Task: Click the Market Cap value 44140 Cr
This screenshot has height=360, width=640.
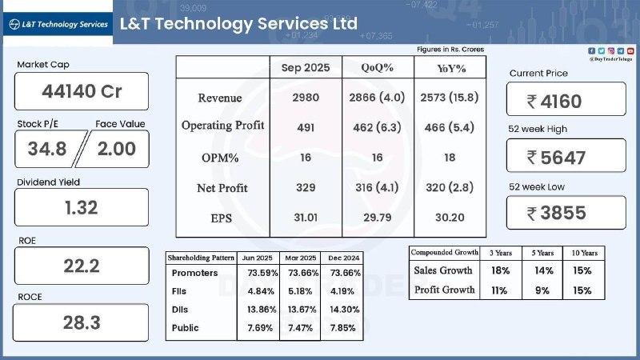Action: (82, 91)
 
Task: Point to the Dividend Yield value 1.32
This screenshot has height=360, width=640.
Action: (82, 207)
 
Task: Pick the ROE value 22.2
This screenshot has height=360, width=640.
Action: (82, 266)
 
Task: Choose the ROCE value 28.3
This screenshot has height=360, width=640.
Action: (82, 322)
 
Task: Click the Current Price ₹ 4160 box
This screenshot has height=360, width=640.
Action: (566, 101)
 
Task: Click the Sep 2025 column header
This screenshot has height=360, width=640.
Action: (305, 68)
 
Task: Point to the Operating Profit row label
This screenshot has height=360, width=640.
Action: (222, 126)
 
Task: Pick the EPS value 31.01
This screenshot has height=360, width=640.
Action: (305, 217)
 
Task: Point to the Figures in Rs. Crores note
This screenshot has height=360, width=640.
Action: (450, 50)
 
